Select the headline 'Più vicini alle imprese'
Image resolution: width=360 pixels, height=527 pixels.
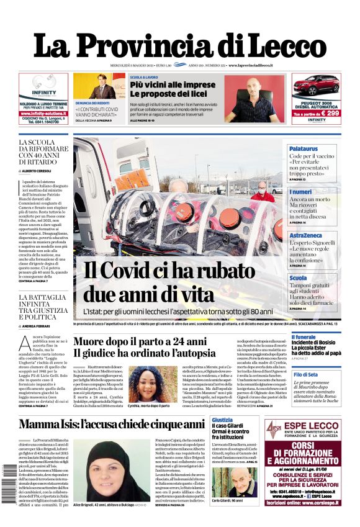click(x=173, y=84)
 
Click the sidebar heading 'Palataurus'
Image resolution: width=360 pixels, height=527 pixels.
click(x=304, y=149)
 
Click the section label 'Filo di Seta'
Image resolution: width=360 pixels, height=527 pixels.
click(x=305, y=374)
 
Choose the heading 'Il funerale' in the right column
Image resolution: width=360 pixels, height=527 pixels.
click(x=304, y=337)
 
